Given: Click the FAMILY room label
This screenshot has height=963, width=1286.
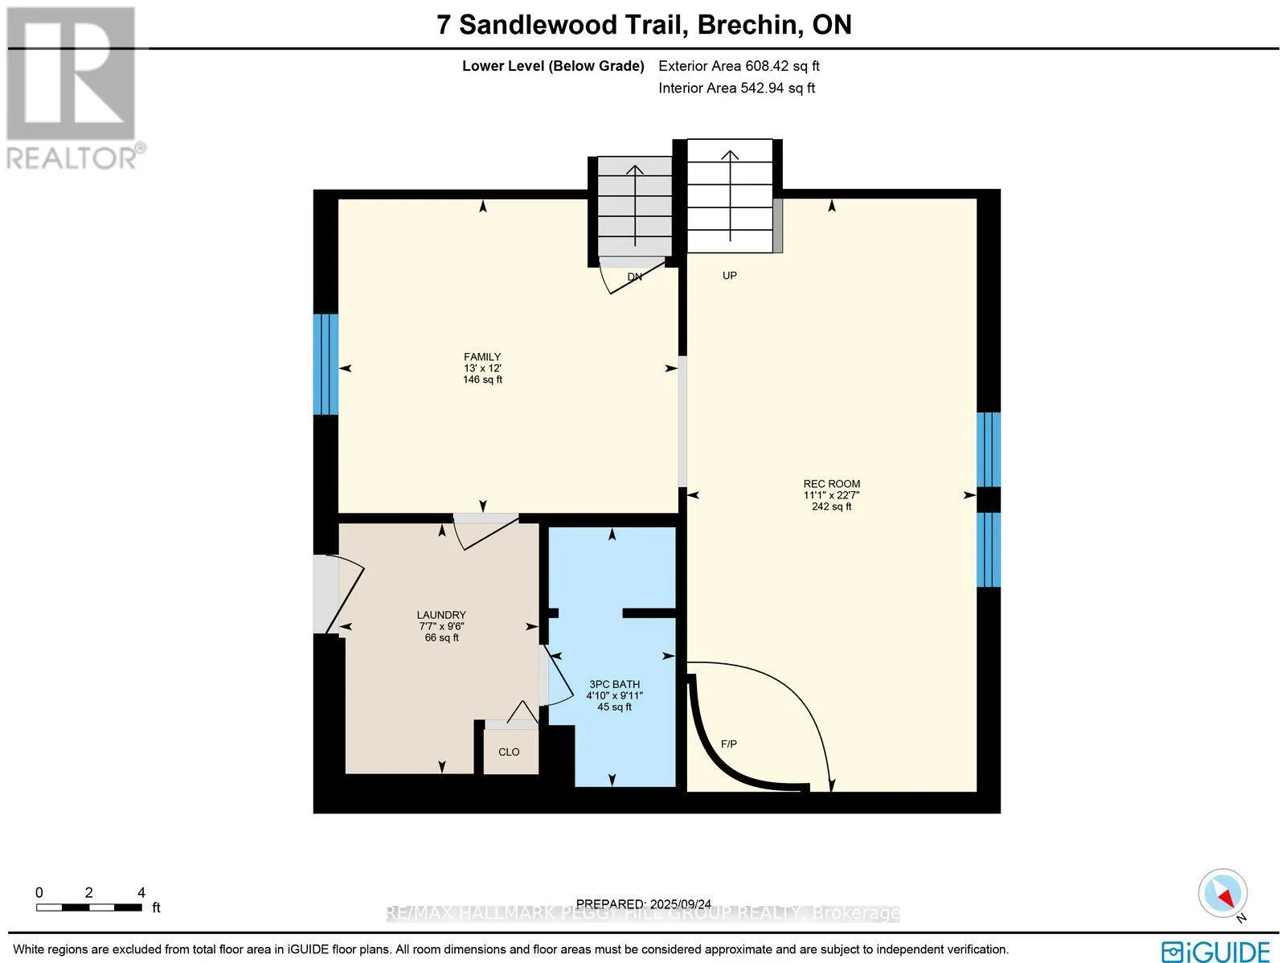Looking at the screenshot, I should [482, 357].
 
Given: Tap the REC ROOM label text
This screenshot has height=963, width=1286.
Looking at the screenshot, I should [831, 484].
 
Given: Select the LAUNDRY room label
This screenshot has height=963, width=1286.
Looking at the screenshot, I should [441, 615].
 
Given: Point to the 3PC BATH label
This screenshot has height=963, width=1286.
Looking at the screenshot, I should [614, 685].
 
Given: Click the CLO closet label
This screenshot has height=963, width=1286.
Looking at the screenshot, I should [509, 752].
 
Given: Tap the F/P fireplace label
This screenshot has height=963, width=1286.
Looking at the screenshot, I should [728, 744].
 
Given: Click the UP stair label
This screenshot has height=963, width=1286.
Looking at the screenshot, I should [729, 276].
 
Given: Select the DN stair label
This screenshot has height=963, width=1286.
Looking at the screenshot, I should [634, 277].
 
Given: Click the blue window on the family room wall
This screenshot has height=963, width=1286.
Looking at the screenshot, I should [326, 364].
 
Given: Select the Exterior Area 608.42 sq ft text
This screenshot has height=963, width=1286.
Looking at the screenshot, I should [739, 67].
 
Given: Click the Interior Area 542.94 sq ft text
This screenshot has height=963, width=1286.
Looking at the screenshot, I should [736, 88].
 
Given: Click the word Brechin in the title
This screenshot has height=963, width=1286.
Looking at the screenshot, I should [748, 25].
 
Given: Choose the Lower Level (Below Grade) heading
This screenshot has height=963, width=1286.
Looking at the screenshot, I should [552, 67].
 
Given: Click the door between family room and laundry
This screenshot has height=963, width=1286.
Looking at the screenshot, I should [485, 530].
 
